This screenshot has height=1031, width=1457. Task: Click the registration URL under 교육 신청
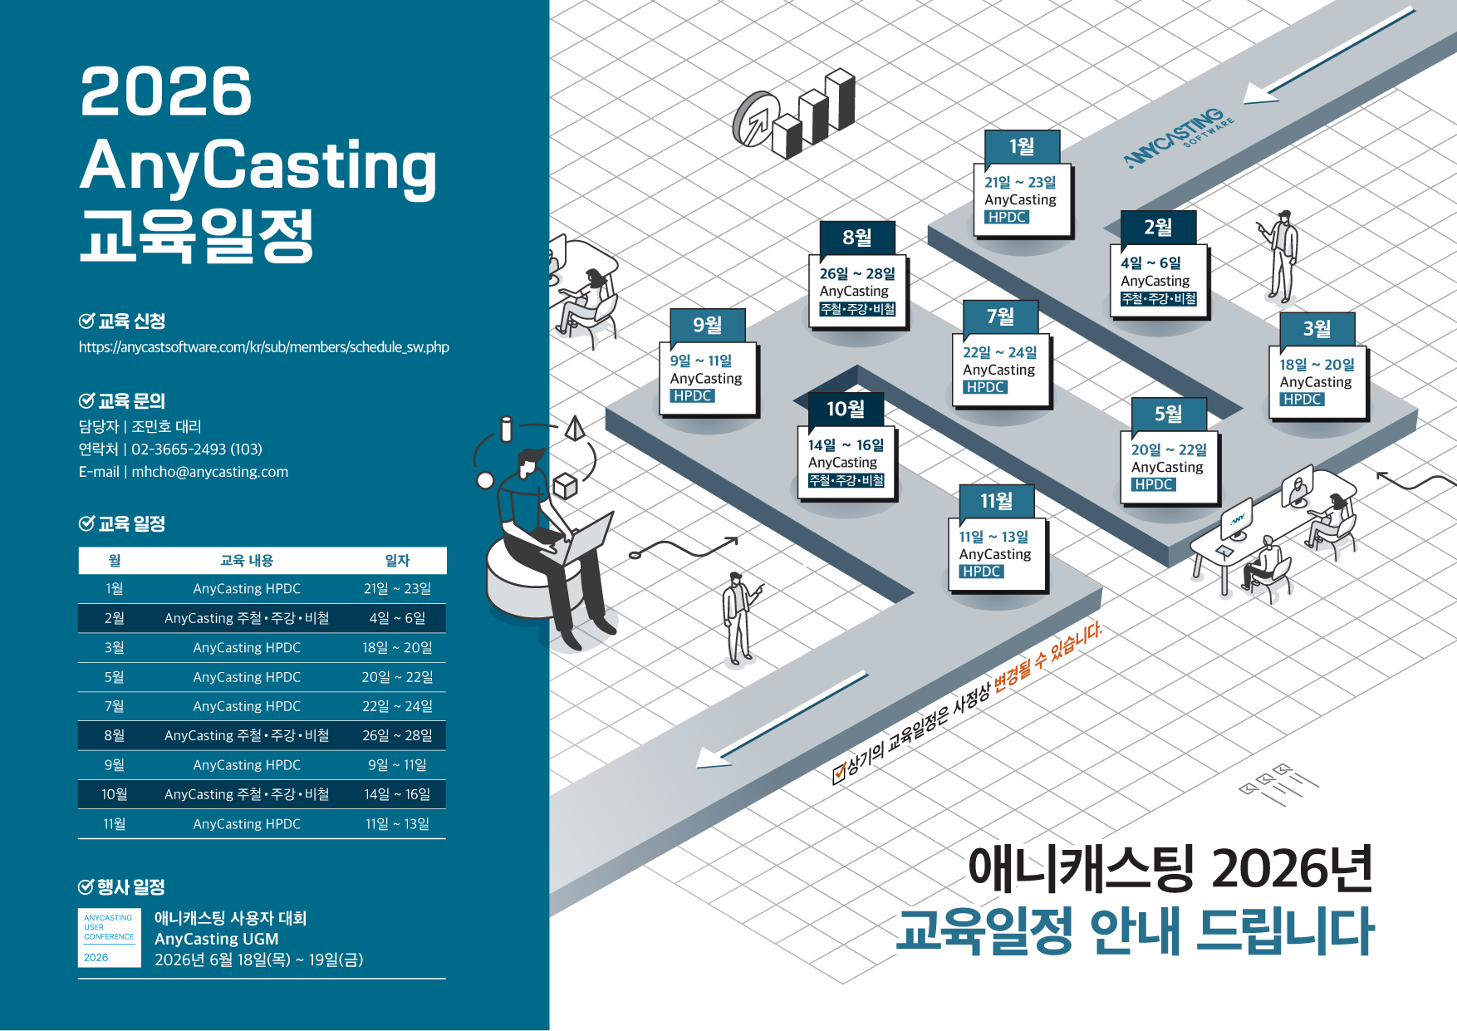(264, 347)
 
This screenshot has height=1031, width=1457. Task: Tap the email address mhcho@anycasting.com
(210, 472)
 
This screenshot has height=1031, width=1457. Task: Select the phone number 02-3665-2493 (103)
(197, 449)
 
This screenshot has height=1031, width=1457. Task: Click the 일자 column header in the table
(397, 561)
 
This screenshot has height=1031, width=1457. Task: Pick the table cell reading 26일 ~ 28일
(397, 735)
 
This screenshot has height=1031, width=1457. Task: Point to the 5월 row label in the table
(115, 677)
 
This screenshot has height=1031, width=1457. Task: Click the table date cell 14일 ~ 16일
(397, 794)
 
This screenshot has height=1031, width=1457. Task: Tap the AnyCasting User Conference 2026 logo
(110, 938)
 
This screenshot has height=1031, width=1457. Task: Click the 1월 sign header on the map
(1022, 147)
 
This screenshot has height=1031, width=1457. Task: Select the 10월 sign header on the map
(846, 409)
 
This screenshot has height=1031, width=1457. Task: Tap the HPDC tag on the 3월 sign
(1302, 400)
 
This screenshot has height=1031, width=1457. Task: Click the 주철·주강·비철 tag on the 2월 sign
(1159, 298)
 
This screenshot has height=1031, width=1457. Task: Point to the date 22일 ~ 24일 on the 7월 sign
(1000, 352)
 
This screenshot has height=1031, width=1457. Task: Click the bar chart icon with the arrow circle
(794, 115)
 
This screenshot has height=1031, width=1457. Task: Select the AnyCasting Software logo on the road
(1179, 137)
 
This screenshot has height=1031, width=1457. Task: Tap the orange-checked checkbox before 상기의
(839, 773)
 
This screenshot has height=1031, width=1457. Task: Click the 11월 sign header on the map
(996, 501)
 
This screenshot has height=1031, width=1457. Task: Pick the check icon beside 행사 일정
(86, 886)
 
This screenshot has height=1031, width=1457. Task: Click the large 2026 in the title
(166, 91)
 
